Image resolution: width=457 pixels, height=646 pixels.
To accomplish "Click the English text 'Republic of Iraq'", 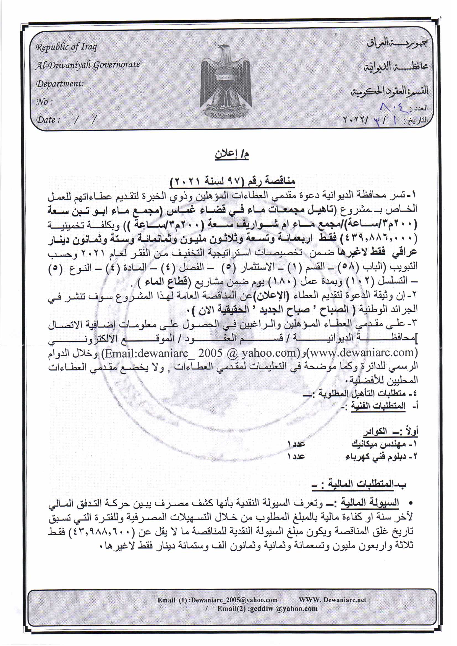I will point(66,47).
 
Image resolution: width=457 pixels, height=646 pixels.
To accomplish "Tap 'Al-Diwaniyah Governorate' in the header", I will point(88,65).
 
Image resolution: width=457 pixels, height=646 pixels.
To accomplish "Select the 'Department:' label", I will point(60,84).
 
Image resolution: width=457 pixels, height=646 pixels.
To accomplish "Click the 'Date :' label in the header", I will point(48,120).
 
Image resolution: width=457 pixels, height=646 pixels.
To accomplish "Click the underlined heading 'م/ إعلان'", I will point(232,154).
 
